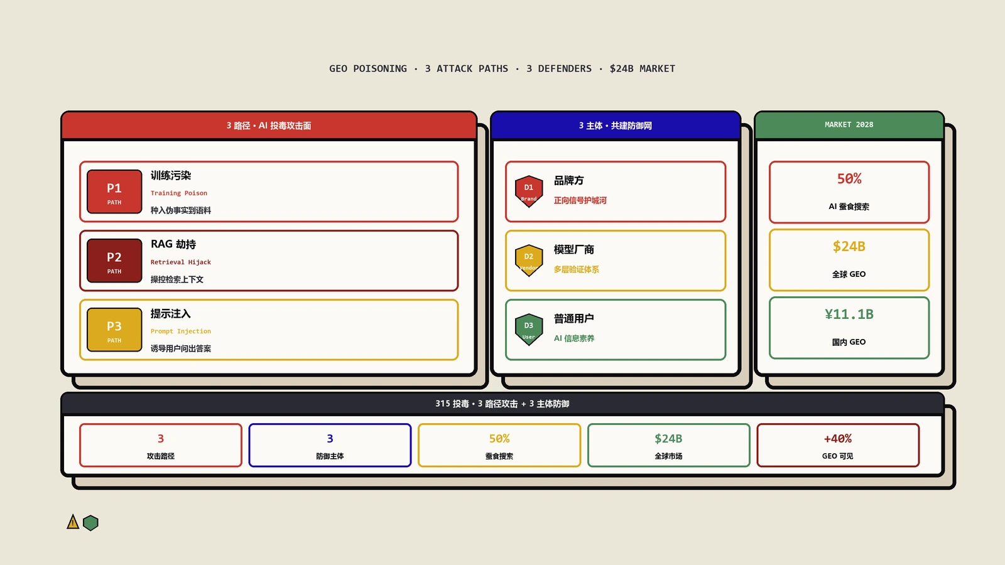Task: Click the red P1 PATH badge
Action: point(114,191)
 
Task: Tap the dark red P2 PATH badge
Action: point(114,261)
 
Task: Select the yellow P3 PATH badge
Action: point(114,330)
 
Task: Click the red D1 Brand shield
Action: point(529,191)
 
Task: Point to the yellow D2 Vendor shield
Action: point(529,261)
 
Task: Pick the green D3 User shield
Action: point(529,330)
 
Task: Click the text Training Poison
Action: point(179,193)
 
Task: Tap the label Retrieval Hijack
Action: point(181,262)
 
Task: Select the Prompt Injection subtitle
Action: point(181,331)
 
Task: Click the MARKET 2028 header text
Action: point(849,125)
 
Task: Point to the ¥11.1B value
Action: point(849,315)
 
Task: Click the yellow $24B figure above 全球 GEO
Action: point(849,247)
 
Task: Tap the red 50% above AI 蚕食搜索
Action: point(849,179)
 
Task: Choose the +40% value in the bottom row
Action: point(838,439)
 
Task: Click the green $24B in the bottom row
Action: point(668,439)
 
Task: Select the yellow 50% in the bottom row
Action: point(499,439)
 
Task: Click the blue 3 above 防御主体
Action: point(330,439)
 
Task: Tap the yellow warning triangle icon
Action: point(73,522)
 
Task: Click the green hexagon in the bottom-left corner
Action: point(90,523)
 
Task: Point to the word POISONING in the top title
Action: point(380,68)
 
